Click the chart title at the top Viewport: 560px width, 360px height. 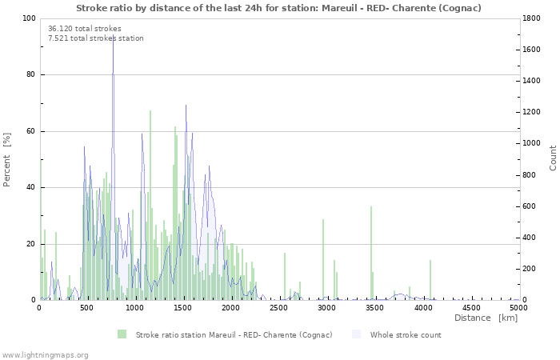point(278,8)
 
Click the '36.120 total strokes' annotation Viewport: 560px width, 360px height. point(85,29)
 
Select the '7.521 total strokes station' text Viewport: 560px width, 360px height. point(96,38)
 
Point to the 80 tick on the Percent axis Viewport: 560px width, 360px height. point(30,74)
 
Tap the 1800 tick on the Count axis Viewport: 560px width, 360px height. point(531,18)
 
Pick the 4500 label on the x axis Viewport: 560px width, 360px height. point(470,307)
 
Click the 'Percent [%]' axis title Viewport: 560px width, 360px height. point(6,160)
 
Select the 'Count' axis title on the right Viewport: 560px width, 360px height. point(553,158)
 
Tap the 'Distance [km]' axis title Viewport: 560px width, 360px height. point(486,318)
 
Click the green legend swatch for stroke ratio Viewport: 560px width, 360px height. point(122,334)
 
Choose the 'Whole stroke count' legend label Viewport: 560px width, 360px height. point(406,335)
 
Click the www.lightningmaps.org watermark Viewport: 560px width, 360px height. point(44,355)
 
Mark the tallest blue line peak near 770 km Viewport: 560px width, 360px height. point(114,36)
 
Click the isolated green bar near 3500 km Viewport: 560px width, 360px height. point(371,254)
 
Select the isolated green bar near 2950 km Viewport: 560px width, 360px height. point(323,260)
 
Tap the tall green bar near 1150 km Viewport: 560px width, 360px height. point(150,206)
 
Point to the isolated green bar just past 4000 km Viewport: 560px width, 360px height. point(430,280)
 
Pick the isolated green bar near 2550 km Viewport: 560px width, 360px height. point(285,277)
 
